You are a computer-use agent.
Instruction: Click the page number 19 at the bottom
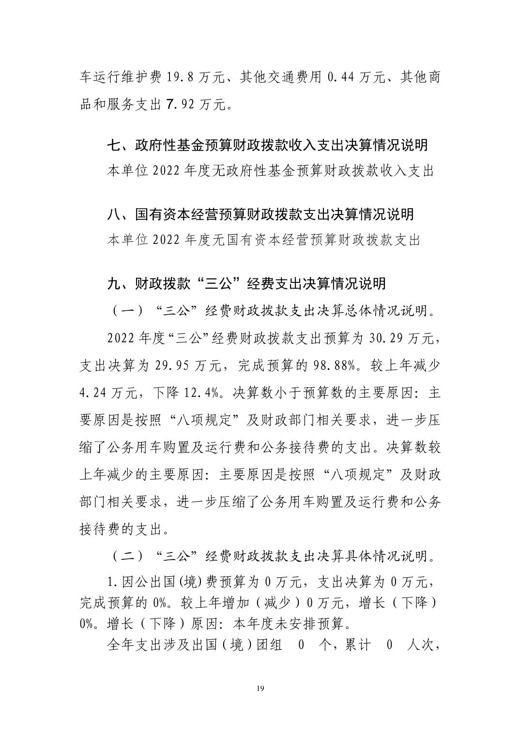pos(260,689)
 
